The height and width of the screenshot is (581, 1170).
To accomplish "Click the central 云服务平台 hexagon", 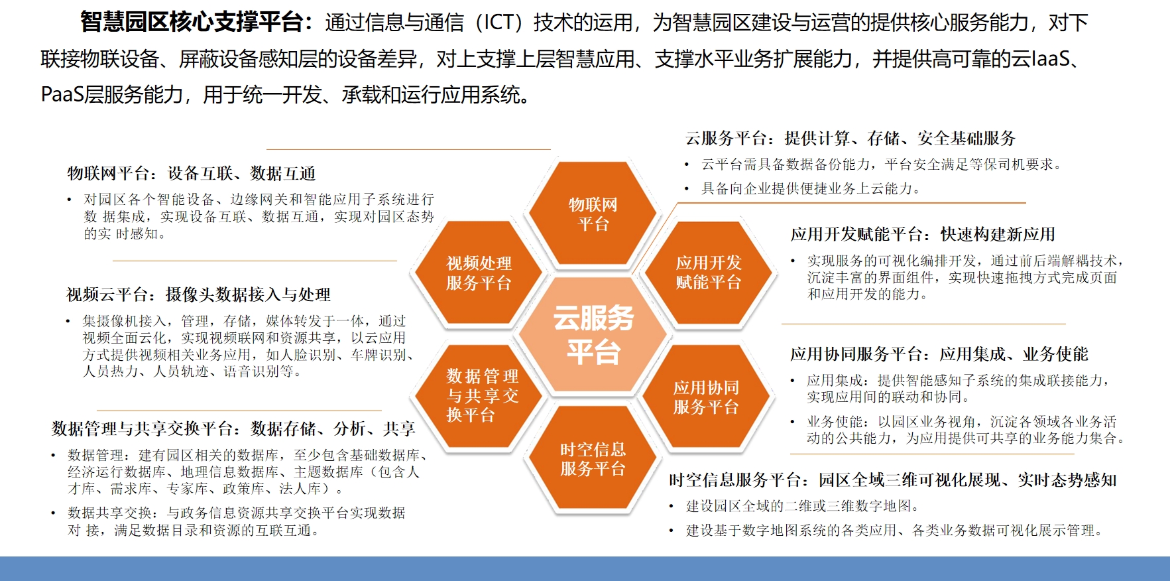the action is coord(593,335).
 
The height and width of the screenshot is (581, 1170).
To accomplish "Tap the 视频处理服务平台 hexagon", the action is coord(479,273).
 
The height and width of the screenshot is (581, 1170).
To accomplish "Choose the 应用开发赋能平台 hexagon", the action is coord(708,273).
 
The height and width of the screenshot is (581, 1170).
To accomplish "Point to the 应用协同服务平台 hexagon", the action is coord(707,397).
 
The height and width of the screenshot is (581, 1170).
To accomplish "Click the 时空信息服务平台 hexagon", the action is coord(593,458).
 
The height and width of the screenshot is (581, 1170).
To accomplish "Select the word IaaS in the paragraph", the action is coord(1050,59).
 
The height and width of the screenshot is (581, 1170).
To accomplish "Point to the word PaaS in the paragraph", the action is coord(62,95).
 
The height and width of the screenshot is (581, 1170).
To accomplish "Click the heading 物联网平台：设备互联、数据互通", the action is coord(191,174).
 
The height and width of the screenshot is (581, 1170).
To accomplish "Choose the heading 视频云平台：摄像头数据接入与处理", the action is coord(198,294).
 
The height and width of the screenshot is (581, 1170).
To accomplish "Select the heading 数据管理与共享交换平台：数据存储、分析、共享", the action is coord(233,428).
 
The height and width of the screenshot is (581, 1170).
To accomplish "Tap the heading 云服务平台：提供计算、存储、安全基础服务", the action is coord(850,139).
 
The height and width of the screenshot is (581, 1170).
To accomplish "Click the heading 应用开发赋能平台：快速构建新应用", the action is coord(923,234).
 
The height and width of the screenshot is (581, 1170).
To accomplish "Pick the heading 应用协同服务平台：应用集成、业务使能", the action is coord(939,354).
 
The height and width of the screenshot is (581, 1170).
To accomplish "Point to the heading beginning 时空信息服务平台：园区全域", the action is coord(893,480).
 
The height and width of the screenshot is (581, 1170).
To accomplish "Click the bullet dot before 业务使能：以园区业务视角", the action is coord(793,422).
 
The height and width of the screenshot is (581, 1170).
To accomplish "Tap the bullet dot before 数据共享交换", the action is coord(54,513).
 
